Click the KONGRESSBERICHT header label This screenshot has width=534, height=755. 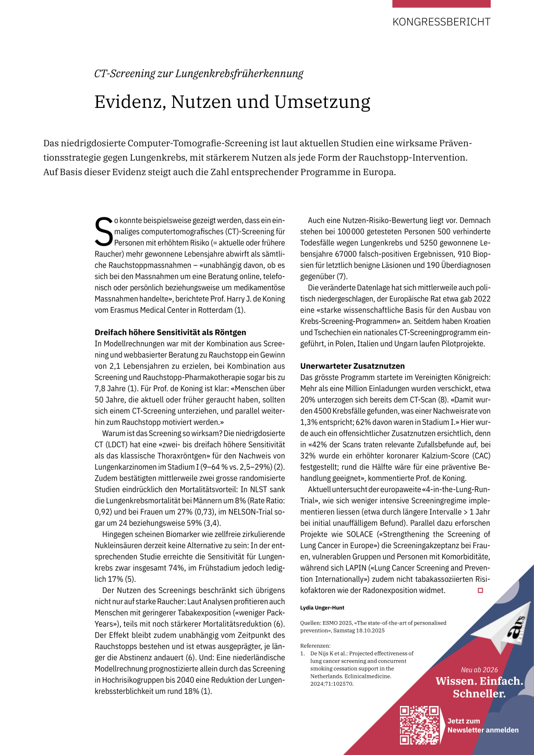tap(441, 22)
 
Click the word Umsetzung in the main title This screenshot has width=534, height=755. tap(322, 102)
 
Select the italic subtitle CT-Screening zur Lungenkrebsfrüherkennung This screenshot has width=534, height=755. tap(199, 74)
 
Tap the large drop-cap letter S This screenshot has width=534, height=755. tap(103, 232)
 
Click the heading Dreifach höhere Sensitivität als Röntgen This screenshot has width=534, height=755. tap(170, 332)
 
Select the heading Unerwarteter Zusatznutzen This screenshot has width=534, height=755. tap(352, 366)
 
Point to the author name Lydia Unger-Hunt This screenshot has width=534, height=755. tap(322, 607)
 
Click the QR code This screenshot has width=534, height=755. tap(419, 725)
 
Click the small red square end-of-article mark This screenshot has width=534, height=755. tap(480, 590)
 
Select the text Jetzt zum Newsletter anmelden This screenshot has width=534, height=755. tap(482, 726)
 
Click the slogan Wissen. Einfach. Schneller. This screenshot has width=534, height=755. tap(479, 687)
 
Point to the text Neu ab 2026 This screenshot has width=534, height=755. tap(479, 670)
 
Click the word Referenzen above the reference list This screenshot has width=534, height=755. tap(315, 646)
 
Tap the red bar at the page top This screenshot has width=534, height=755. tap(441, 4)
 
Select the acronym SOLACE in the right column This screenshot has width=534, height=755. tap(360, 534)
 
